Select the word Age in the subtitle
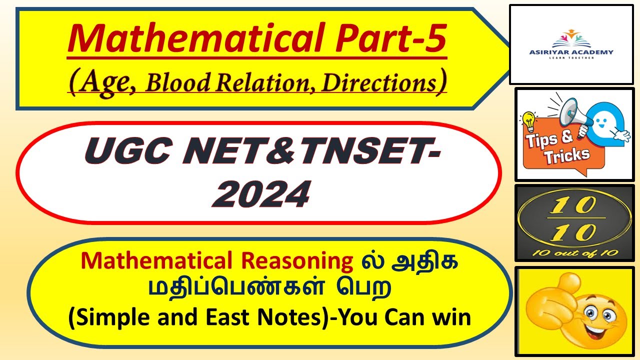tap(102, 82)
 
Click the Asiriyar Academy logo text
tap(571, 52)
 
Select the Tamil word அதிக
tap(429, 261)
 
